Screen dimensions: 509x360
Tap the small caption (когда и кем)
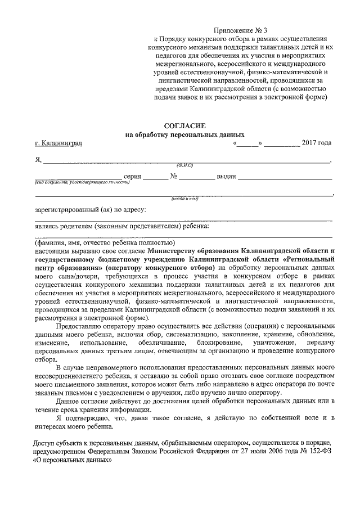pos(185,199)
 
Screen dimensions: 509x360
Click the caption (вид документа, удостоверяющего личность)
pos(74,183)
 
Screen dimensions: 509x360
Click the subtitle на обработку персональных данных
pos(185,135)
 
